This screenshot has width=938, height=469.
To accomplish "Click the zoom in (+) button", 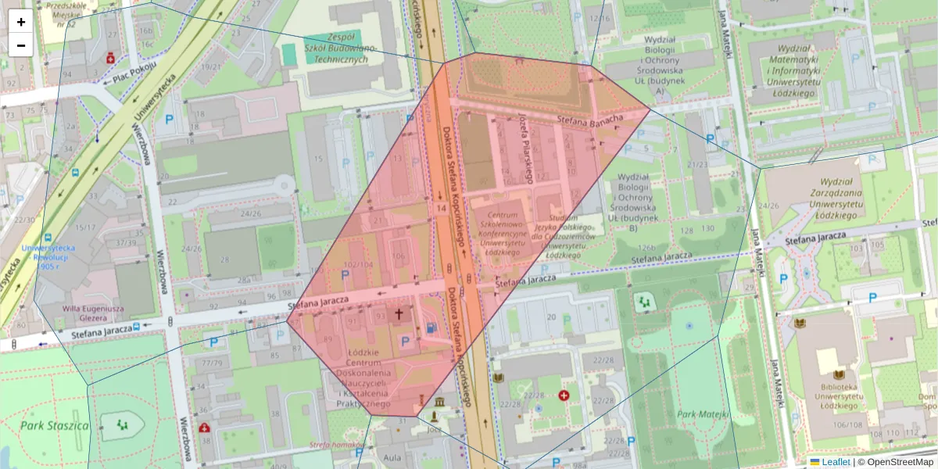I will (x=21, y=21).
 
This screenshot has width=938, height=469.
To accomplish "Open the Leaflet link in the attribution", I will (x=835, y=462).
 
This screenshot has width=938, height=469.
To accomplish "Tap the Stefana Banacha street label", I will (x=590, y=120).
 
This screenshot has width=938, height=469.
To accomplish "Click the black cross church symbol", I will (x=399, y=314).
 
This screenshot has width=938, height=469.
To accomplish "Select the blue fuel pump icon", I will (x=431, y=328).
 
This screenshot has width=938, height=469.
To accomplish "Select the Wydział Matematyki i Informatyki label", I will (x=793, y=70).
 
